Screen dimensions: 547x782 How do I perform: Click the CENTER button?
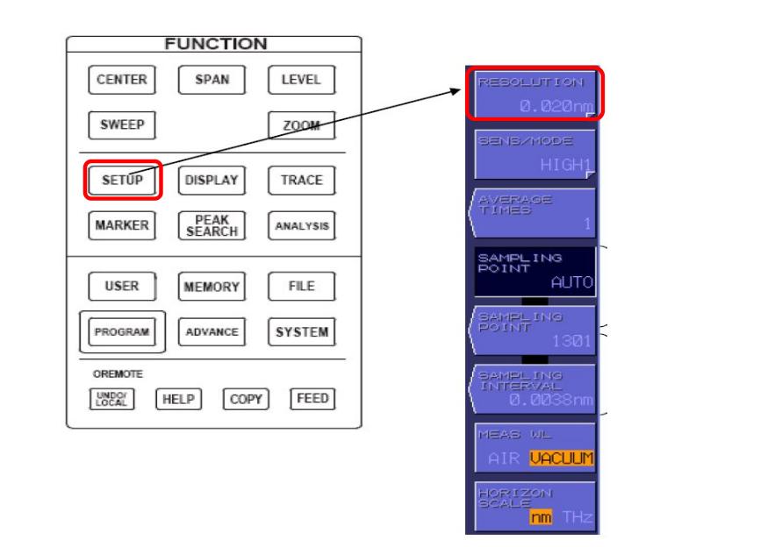[x=122, y=80]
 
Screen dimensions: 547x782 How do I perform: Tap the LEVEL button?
[x=300, y=80]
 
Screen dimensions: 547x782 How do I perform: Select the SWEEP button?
[x=122, y=124]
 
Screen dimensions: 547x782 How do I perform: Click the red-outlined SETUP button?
[x=122, y=181]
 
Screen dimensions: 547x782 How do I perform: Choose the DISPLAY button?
[x=212, y=181]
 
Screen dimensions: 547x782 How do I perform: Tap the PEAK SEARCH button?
[x=212, y=225]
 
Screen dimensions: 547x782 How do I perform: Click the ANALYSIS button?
[x=301, y=225]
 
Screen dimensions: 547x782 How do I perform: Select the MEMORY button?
[x=212, y=287]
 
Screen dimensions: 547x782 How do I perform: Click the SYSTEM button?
[x=301, y=332]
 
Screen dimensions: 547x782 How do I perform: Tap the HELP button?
[x=178, y=399]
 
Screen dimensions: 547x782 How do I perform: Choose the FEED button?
[x=312, y=399]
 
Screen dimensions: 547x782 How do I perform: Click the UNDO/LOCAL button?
[x=111, y=400]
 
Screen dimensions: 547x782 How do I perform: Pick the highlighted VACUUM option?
[x=562, y=458]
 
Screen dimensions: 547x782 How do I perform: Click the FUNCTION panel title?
[x=215, y=44]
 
